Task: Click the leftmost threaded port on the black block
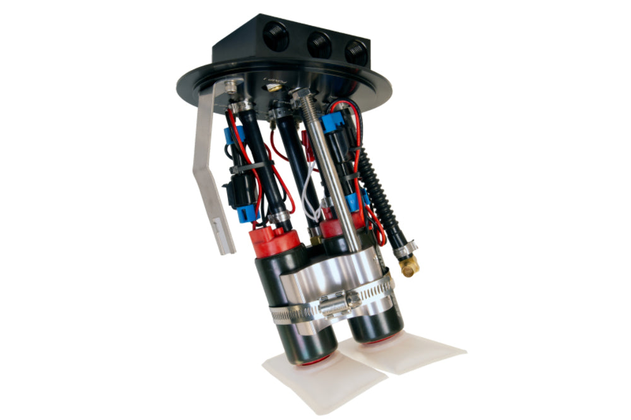[x=276, y=37]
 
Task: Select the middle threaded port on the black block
[x=319, y=45]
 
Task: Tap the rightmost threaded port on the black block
[x=356, y=52]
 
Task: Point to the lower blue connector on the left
[x=247, y=213]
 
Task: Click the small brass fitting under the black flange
[x=275, y=89]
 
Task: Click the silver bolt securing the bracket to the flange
[x=232, y=86]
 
